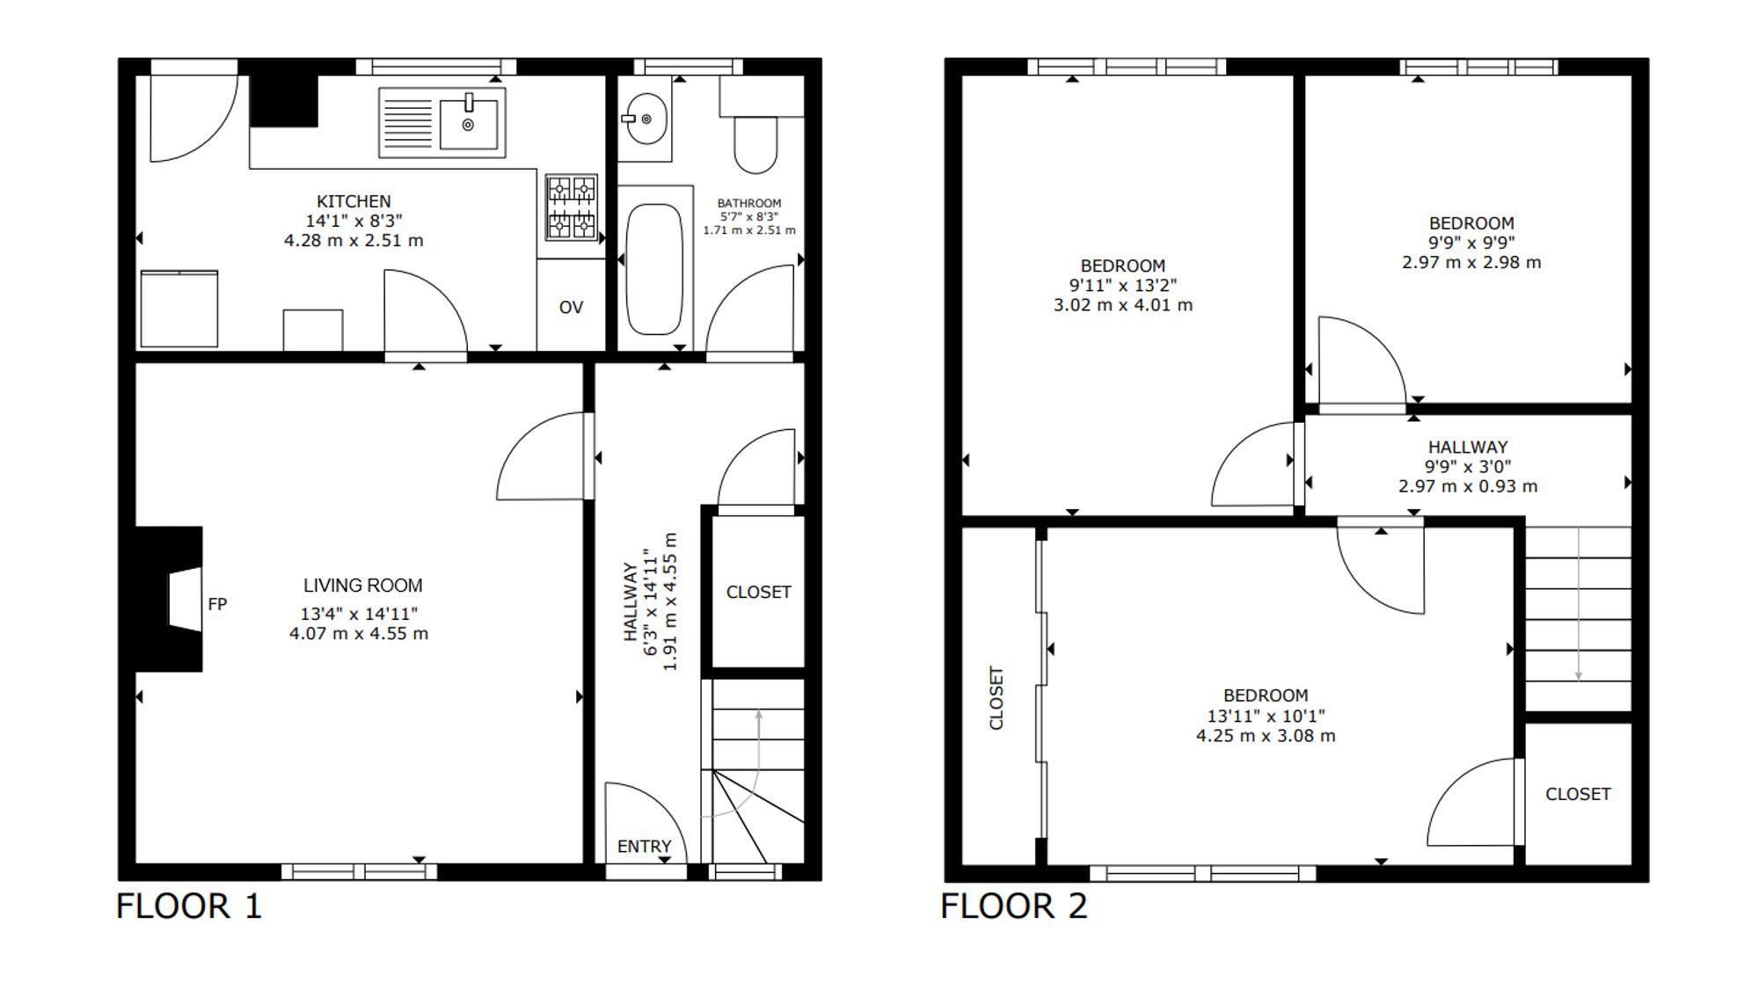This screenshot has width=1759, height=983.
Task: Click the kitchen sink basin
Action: point(468,122)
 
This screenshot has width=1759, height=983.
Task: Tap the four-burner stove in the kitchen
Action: point(572,207)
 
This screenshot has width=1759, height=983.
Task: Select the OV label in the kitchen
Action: point(571,307)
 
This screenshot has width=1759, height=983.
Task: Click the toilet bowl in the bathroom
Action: point(755,144)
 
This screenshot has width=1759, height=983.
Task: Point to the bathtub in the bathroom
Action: point(654,268)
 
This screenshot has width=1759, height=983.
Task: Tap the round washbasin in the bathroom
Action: point(646,119)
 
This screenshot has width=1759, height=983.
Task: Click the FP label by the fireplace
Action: point(217,604)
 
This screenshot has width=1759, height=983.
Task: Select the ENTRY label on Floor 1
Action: point(644,846)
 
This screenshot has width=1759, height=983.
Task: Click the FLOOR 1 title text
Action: point(189,906)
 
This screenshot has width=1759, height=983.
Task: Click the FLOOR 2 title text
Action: point(1014,906)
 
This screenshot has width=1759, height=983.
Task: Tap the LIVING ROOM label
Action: point(362,586)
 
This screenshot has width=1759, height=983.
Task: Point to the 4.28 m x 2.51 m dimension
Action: point(354,240)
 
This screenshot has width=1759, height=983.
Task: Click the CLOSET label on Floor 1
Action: point(758,592)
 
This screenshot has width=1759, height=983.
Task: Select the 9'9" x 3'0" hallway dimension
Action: point(1468,466)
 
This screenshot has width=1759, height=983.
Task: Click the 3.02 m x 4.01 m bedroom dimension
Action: point(1123,305)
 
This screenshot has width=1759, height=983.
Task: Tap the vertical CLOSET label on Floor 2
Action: point(996,698)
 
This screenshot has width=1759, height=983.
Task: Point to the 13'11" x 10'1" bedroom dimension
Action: point(1266,716)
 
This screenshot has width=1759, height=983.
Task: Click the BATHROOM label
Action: point(749,203)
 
